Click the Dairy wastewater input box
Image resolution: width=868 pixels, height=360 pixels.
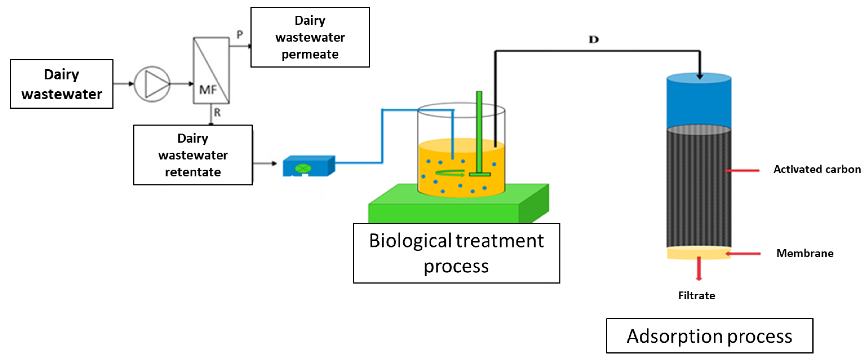tap(62, 84)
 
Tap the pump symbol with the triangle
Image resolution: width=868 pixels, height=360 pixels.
tap(152, 84)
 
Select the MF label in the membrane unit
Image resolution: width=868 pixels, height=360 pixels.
tap(208, 90)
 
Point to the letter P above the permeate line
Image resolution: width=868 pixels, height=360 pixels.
tap(240, 34)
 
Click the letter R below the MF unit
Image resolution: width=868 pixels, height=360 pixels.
tap(217, 112)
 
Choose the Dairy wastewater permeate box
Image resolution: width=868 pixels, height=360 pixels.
tap(310, 37)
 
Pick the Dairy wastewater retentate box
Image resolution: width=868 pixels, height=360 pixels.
tap(193, 155)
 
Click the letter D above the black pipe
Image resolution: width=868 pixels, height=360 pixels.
tap(594, 40)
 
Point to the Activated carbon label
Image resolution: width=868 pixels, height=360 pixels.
tap(817, 169)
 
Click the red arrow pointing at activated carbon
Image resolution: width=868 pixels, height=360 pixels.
tap(742, 171)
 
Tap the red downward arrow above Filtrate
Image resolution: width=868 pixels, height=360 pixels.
tap(699, 269)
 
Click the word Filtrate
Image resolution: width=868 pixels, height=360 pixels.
tap(697, 296)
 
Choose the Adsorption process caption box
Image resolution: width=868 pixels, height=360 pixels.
tap(710, 336)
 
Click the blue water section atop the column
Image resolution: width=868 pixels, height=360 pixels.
tap(699, 101)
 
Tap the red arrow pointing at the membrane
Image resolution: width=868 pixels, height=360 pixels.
tap(743, 253)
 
